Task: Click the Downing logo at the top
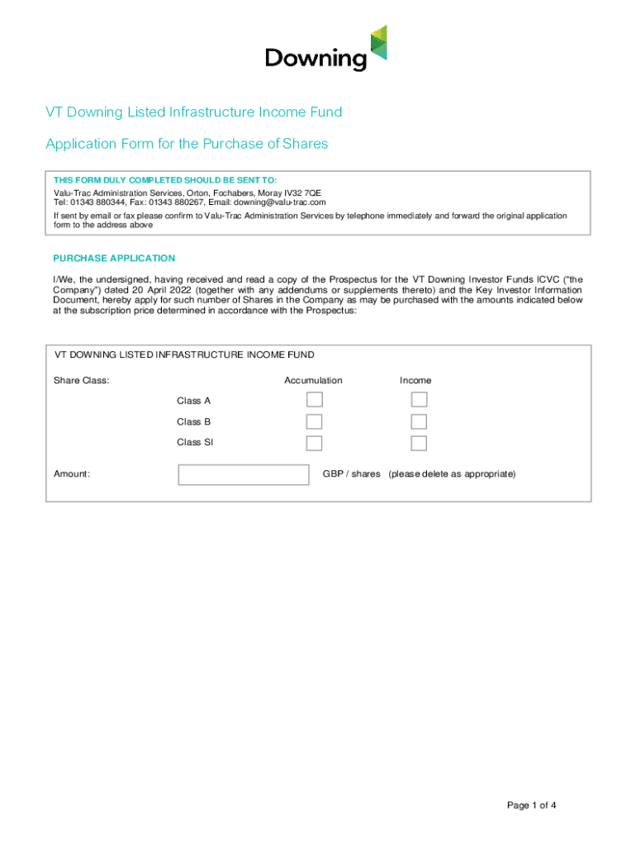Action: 325,49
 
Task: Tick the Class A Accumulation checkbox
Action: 314,400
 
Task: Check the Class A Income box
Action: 419,400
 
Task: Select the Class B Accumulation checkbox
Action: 314,421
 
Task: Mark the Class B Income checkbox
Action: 419,421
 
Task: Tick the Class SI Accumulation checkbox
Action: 314,443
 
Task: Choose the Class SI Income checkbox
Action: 419,443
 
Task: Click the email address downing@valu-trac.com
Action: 279,202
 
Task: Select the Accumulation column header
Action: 313,380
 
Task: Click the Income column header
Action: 415,380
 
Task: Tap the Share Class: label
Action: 82,380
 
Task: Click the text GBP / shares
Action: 351,474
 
